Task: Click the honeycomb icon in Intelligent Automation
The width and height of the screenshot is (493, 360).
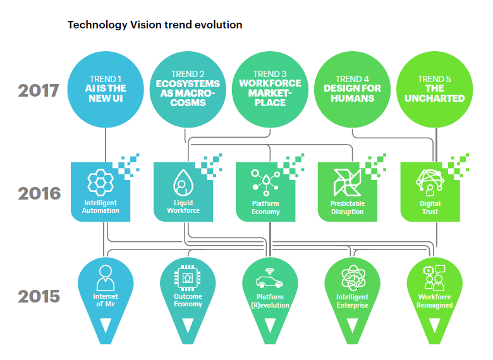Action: point(100,182)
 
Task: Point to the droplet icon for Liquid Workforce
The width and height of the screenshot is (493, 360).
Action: point(183,182)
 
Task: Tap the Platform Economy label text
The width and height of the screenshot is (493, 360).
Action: point(265,207)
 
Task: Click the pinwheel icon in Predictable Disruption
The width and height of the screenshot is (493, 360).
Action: point(347,182)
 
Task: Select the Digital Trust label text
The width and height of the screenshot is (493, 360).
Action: point(430,207)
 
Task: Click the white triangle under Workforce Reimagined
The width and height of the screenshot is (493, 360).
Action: point(434,325)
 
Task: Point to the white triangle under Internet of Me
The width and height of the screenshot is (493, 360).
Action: point(106,325)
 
